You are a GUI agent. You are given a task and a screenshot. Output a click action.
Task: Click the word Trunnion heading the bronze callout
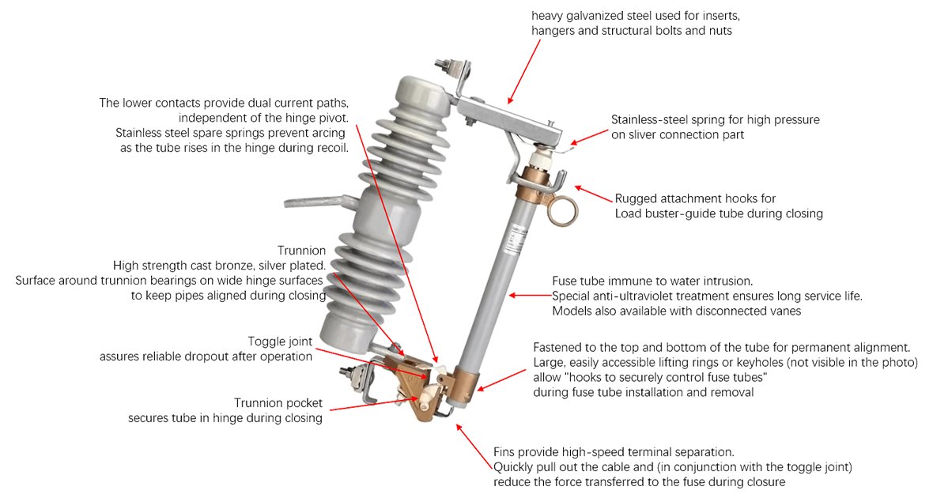click(301, 251)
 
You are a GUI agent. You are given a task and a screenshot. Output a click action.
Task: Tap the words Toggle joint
click(280, 341)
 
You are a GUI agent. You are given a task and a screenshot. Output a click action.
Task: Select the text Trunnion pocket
click(278, 403)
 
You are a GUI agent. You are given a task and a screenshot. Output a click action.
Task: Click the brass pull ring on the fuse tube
click(563, 209)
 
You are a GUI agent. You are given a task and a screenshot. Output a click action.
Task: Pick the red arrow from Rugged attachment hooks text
click(593, 194)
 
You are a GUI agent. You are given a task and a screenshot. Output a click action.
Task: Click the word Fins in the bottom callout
click(506, 452)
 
